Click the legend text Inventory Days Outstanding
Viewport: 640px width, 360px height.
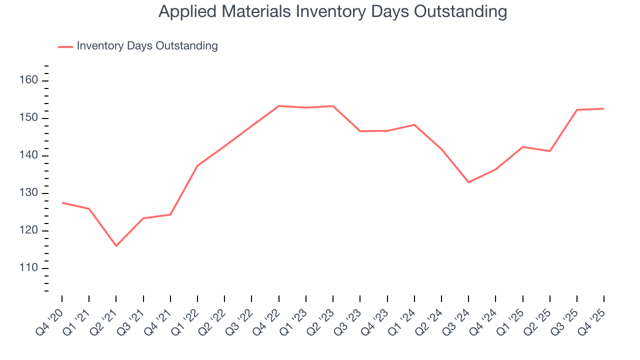[x=147, y=46]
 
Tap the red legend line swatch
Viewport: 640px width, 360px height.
[x=65, y=46]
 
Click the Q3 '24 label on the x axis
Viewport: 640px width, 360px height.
[x=457, y=320]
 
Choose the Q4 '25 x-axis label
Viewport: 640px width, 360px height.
[x=592, y=320]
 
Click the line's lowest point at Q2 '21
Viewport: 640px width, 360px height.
[x=116, y=246]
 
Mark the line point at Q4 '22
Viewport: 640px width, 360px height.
[x=278, y=106]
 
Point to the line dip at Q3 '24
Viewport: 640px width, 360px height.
[x=468, y=182]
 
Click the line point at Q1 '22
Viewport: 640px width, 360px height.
[x=197, y=165]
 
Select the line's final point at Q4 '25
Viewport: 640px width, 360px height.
[x=603, y=108]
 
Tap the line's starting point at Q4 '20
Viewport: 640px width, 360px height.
[x=62, y=202]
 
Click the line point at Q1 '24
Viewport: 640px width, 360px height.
[x=414, y=124]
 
